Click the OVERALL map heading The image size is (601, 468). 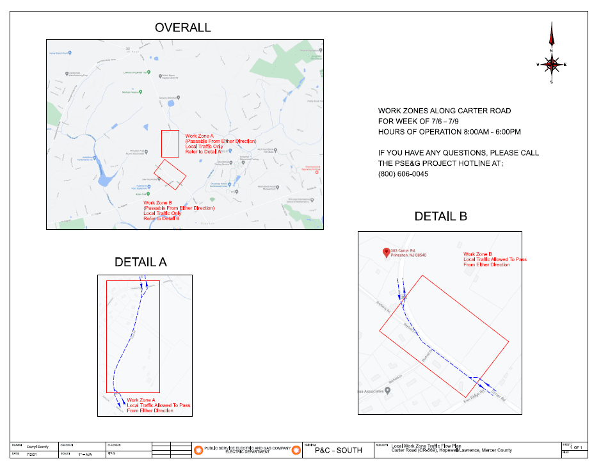[182, 28]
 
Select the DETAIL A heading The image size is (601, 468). [140, 262]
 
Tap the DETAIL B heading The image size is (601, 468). [440, 216]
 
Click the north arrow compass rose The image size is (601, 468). [551, 63]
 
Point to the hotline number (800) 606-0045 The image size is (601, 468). [403, 174]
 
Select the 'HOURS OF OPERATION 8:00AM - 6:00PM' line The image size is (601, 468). [449, 132]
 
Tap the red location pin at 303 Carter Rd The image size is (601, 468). [386, 252]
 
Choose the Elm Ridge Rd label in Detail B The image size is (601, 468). [474, 402]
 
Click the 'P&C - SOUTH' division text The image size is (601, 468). [339, 450]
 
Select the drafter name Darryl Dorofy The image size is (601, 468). [38, 446]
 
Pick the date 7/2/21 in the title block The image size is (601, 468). [31, 454]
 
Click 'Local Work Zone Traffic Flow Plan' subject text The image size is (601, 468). [426, 446]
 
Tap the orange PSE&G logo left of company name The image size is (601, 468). [198, 450]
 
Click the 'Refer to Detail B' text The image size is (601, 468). [161, 219]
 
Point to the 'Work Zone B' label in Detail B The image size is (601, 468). [477, 254]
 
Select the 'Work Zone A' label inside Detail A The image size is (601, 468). [141, 400]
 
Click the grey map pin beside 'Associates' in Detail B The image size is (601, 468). [387, 391]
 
